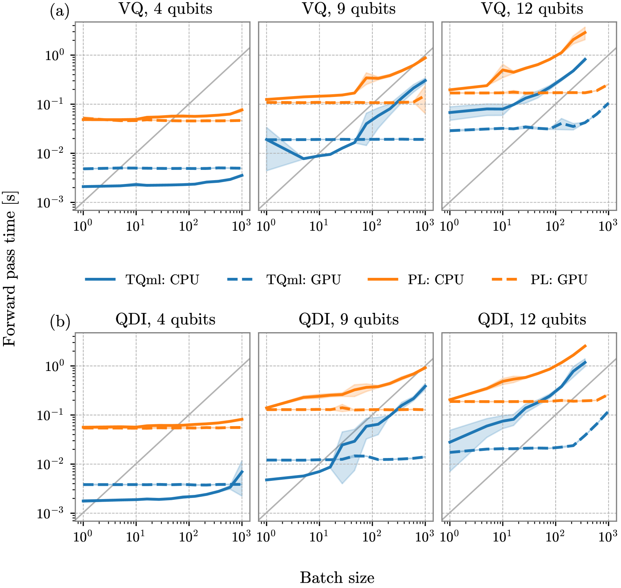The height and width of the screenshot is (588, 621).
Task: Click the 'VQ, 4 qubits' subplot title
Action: coord(166,9)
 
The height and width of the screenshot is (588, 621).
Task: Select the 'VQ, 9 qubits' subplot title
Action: coord(349,9)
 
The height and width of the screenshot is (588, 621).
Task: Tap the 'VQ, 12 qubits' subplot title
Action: coord(532,9)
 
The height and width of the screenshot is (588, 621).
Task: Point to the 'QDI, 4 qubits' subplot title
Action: coord(165,320)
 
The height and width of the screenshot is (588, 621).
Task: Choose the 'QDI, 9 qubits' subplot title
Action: coord(349,320)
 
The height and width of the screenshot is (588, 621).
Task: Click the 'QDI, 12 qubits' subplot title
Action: coord(532,320)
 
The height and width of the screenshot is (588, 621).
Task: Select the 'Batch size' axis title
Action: coord(337,578)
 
